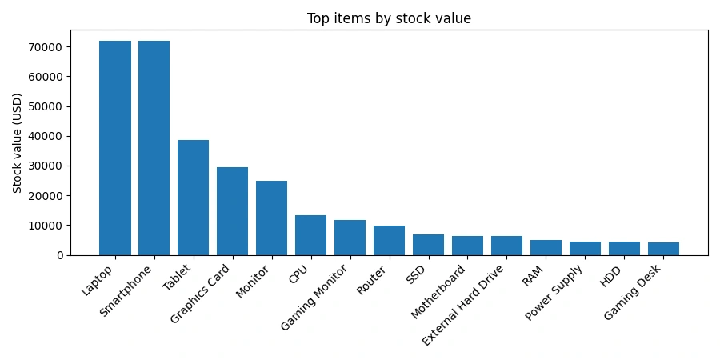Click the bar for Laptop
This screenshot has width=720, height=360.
(x=115, y=148)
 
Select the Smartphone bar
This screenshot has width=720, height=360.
(x=154, y=148)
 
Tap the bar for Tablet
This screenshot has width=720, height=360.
(x=194, y=198)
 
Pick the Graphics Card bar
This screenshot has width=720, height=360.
(x=233, y=211)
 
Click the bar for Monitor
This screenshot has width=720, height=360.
(x=272, y=218)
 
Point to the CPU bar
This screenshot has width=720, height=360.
(x=311, y=235)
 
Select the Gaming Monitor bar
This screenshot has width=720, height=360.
(x=350, y=238)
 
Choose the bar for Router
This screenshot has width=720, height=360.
(x=390, y=240)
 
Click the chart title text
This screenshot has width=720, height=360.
(x=389, y=18)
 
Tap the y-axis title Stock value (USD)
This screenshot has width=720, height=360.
(x=18, y=142)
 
